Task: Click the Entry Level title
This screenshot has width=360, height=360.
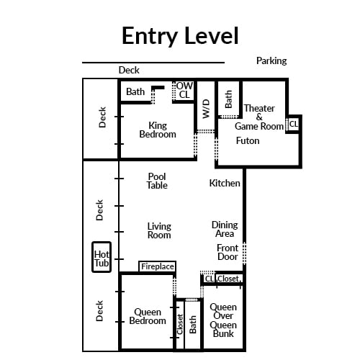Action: click(180, 36)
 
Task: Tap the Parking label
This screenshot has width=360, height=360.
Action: click(271, 61)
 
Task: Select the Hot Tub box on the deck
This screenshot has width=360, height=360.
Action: click(102, 257)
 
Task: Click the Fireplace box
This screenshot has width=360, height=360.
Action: click(158, 266)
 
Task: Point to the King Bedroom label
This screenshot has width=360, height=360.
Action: click(158, 130)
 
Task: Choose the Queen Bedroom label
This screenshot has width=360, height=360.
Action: click(148, 316)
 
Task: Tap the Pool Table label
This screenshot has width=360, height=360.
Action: click(157, 181)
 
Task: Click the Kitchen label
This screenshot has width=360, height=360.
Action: click(225, 183)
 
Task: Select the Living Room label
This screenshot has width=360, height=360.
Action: click(159, 230)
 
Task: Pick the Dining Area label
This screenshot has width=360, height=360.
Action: click(225, 229)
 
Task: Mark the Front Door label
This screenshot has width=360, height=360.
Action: click(228, 252)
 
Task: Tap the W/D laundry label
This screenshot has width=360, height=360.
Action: click(206, 109)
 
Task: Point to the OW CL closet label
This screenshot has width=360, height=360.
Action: click(184, 90)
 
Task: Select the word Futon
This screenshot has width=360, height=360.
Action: click(248, 140)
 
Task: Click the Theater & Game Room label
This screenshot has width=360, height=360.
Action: click(259, 117)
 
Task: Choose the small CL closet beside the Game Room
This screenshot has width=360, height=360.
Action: click(294, 124)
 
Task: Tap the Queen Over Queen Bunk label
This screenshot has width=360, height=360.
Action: click(223, 320)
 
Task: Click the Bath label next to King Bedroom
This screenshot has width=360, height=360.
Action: click(135, 91)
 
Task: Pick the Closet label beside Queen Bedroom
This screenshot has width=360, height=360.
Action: click(180, 324)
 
